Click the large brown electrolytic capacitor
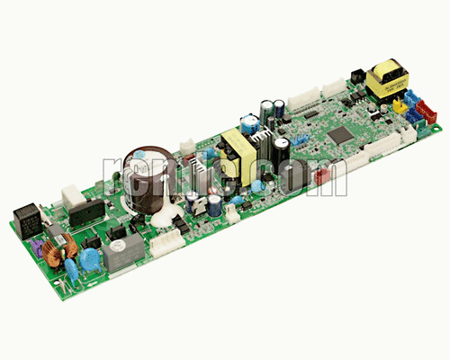[145, 167]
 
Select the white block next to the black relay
[70, 197]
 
